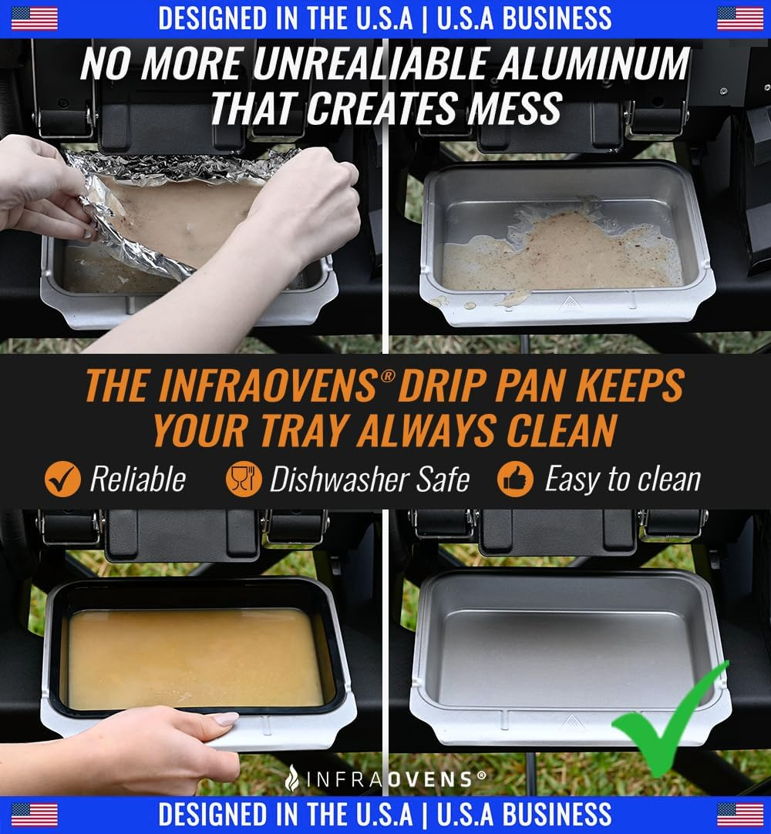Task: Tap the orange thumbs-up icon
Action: pos(515,479)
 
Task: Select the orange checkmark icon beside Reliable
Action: pos(62,479)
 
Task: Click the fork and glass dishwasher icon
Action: pos(243,479)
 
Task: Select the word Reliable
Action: pos(137,479)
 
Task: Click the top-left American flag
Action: pos(35,18)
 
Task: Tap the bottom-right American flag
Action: pos(739,814)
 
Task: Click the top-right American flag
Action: pos(739,18)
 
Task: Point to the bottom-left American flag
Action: pos(35,814)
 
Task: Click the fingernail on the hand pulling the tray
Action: pos(225,719)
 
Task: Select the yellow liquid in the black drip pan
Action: pos(193,655)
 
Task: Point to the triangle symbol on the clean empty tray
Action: pos(571,723)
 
